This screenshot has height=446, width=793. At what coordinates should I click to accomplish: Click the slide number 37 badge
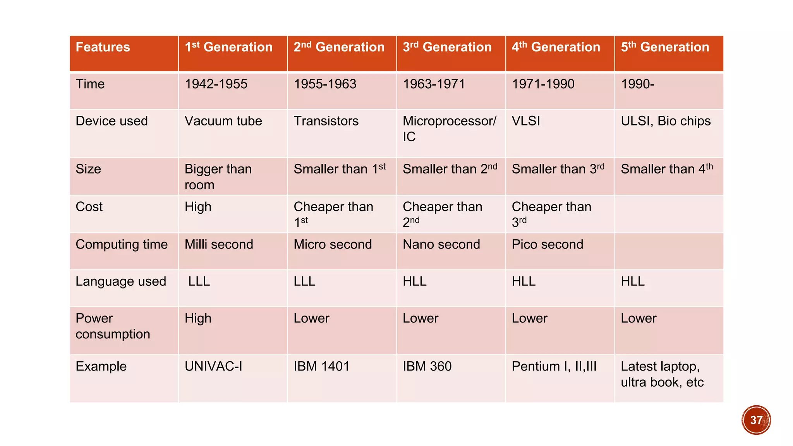click(756, 420)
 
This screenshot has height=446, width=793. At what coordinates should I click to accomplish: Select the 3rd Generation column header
click(447, 47)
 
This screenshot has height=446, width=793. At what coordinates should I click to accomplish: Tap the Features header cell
click(103, 47)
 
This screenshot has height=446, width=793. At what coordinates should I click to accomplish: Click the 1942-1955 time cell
click(216, 84)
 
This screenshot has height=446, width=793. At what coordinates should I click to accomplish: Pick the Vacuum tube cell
click(223, 121)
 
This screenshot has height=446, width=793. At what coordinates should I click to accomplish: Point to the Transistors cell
click(326, 121)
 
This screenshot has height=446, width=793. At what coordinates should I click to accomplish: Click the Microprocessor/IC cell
click(449, 129)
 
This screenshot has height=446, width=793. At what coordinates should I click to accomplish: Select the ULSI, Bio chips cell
click(666, 121)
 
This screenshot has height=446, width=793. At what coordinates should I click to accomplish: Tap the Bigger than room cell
click(218, 177)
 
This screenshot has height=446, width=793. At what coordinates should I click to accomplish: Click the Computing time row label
click(122, 244)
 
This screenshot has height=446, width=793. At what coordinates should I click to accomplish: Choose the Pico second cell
click(547, 244)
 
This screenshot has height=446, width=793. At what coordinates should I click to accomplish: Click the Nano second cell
click(441, 244)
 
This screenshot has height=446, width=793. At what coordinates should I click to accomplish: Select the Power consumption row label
click(113, 326)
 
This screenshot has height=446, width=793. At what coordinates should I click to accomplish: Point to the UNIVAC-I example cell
click(213, 366)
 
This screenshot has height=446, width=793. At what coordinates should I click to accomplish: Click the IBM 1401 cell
click(321, 366)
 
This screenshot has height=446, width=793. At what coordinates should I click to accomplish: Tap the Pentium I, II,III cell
click(554, 366)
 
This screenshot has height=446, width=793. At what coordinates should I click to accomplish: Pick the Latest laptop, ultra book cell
click(662, 374)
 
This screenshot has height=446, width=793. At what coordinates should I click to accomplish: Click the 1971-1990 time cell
click(543, 84)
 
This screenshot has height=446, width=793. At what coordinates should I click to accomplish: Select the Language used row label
click(121, 281)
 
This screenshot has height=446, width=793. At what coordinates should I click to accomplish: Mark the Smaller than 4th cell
click(666, 169)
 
